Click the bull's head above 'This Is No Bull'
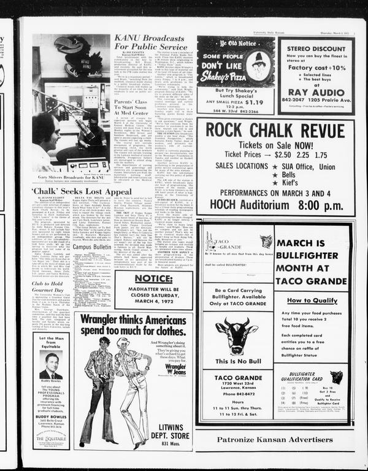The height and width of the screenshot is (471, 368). click(236, 334)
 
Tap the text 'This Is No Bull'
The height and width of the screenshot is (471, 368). click(236, 362)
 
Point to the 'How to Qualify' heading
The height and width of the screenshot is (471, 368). click(312, 301)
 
